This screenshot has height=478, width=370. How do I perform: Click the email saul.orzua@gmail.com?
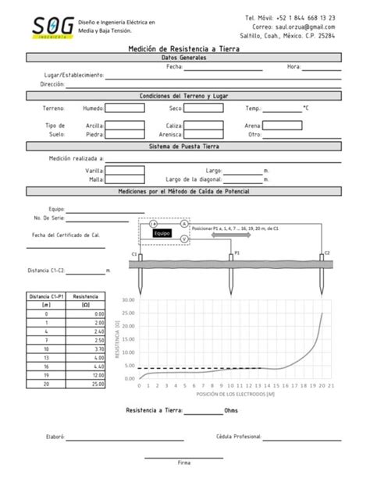(303, 27)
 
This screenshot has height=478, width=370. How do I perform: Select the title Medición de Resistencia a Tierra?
(184, 48)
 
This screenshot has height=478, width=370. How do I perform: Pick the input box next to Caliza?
(205, 126)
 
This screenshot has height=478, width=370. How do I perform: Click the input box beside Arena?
(282, 125)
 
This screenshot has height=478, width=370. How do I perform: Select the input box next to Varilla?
(126, 170)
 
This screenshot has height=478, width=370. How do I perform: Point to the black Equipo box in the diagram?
(162, 233)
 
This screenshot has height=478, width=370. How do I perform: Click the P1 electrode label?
(237, 253)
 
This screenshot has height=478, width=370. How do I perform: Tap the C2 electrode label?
(328, 253)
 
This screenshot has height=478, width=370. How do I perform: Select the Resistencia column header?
(86, 297)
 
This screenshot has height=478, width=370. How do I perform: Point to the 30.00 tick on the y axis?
(129, 299)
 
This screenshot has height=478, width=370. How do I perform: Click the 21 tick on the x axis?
(333, 385)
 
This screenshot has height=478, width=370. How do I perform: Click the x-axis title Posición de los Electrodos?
(235, 395)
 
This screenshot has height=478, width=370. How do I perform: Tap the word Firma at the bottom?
(184, 462)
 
